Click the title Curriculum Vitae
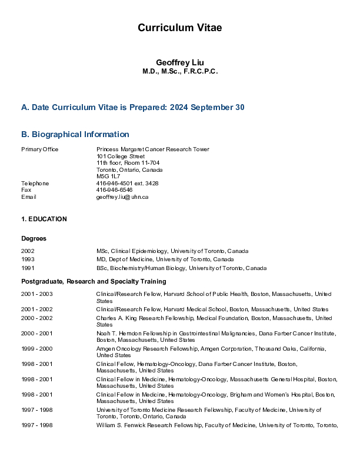(x=179, y=28)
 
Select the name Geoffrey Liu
(x=179, y=62)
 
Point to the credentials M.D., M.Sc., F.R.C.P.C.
(x=179, y=71)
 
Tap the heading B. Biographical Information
(x=75, y=134)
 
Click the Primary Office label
(x=40, y=149)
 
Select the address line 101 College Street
(x=121, y=156)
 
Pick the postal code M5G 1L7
(x=108, y=176)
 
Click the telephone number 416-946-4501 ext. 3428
(x=127, y=183)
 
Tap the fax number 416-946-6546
(x=114, y=190)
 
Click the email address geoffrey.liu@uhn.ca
(x=122, y=197)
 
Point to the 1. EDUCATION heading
(x=44, y=219)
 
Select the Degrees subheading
(x=34, y=238)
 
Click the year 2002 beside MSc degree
(x=28, y=251)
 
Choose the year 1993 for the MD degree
(x=28, y=259)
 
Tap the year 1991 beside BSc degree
(x=28, y=268)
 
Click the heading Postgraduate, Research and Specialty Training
(x=94, y=282)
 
